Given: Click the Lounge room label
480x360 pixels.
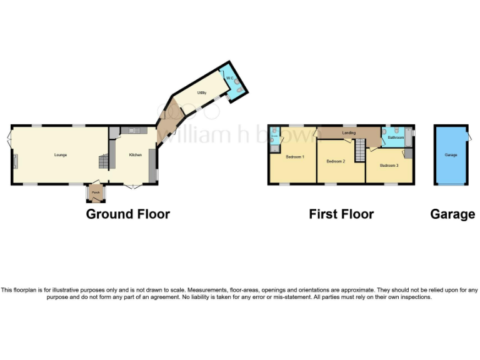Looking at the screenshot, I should [60, 154].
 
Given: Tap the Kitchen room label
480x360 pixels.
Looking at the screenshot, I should [136, 154].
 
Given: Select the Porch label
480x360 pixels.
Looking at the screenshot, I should [96, 192].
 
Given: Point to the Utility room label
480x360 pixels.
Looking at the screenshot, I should [202, 92].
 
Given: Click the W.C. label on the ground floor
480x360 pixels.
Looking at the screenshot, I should [229, 78].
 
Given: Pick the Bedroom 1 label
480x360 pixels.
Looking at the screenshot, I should [294, 156].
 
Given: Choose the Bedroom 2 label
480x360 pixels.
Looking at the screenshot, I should [336, 161].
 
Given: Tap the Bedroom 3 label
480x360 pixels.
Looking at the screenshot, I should [389, 165].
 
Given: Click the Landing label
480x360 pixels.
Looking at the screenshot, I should [349, 132].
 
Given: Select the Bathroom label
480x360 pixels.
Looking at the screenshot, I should [395, 136].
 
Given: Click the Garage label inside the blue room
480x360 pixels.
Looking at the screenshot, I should [451, 154].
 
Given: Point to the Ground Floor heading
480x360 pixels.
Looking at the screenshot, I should [127, 214].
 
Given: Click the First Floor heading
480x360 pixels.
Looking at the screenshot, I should [341, 214].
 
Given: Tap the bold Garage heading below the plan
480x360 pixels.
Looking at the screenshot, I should [452, 214].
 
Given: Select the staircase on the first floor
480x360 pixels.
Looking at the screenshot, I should [360, 150].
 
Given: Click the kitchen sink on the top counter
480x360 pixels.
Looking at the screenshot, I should [133, 130].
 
